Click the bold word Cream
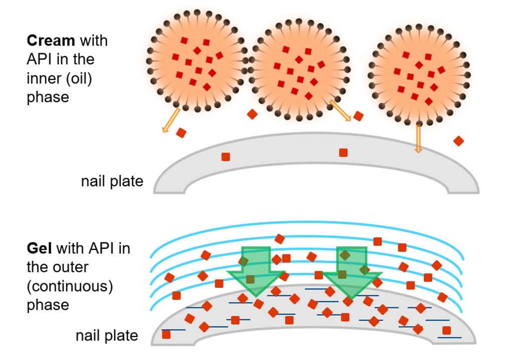tap(51, 40)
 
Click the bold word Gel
tap(39, 248)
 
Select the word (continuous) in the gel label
tap(70, 286)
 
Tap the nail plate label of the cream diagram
tap(112, 181)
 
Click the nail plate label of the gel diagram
tap(107, 335)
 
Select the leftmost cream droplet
tap(197, 60)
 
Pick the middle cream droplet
tap(299, 70)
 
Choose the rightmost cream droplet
tap(419, 73)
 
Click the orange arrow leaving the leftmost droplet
tap(171, 120)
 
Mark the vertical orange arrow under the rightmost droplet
tap(418, 137)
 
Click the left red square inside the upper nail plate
tap(225, 157)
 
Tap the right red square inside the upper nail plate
tap(343, 152)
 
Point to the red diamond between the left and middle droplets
tap(252, 114)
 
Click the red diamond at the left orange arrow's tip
tap(181, 133)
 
